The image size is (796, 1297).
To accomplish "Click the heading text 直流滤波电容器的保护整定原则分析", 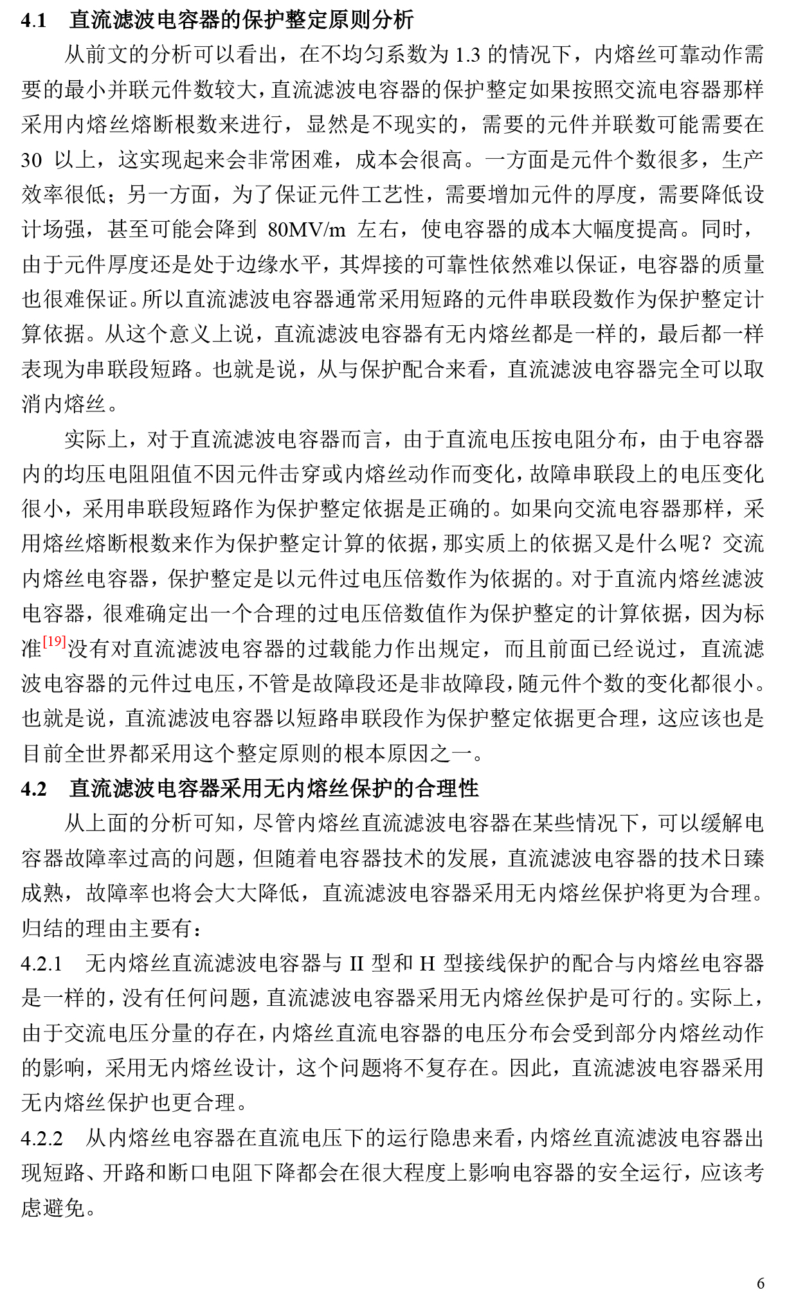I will pyautogui.click(x=241, y=21).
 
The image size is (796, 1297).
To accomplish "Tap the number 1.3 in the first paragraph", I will pyautogui.click(x=467, y=55).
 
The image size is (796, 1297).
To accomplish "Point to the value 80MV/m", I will pyautogui.click(x=307, y=229).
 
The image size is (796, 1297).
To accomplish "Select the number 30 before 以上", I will pyautogui.click(x=32, y=160).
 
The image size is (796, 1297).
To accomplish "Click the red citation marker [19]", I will pyautogui.click(x=55, y=641).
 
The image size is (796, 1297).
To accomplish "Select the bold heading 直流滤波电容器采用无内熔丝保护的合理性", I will pyautogui.click(x=274, y=788).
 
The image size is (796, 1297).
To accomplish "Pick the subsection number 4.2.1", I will pyautogui.click(x=42, y=963).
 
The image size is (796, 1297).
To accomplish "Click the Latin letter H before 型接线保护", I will pyautogui.click(x=428, y=963).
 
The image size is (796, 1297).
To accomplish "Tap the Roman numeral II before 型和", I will pyautogui.click(x=357, y=963).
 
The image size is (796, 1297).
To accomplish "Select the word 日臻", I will pyautogui.click(x=743, y=858).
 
